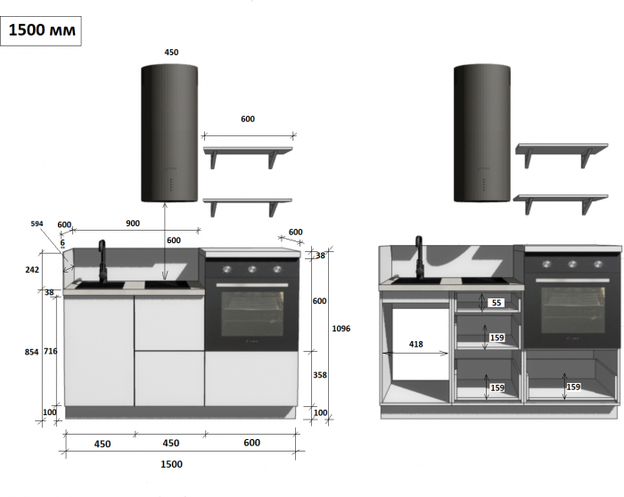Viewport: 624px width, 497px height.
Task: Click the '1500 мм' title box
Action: [x=42, y=29]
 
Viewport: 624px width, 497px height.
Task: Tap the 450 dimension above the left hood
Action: [x=171, y=53]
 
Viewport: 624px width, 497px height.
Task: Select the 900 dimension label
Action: [x=132, y=224]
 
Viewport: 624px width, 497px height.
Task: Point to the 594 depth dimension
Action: [x=37, y=224]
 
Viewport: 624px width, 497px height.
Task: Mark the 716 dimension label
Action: [x=50, y=352]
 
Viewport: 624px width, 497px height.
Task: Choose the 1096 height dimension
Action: [x=341, y=329]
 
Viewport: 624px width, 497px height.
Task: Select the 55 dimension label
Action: [x=497, y=303]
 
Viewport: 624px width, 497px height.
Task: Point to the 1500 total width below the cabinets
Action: [x=171, y=464]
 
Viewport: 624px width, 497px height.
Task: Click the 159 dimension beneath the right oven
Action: [x=573, y=387]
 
